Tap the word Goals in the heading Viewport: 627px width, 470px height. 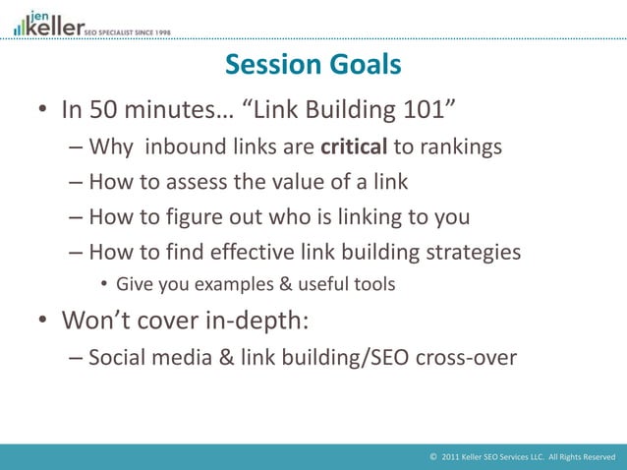[364, 65]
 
